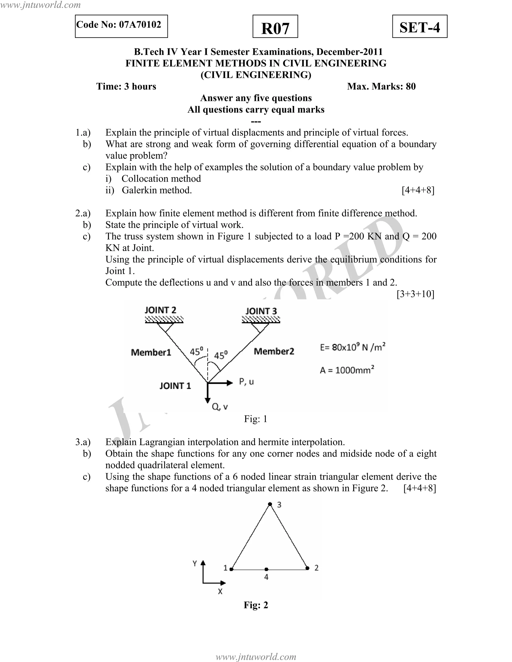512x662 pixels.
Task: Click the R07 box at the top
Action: [x=275, y=27]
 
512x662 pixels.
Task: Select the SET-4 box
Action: [x=419, y=27]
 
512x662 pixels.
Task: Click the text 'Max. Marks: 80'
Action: [x=381, y=86]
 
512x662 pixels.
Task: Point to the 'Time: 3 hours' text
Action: [x=126, y=86]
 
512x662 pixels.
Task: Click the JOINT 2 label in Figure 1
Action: [x=160, y=310]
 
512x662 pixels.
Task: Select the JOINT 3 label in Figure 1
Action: [x=261, y=311]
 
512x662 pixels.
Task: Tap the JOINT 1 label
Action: [x=175, y=386]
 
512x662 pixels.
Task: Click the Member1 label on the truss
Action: [x=151, y=352]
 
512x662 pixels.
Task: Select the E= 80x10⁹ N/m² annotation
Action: [x=352, y=347]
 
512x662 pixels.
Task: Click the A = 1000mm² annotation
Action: [x=347, y=370]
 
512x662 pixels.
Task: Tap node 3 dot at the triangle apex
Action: [x=270, y=504]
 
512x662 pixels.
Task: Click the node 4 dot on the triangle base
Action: [x=266, y=570]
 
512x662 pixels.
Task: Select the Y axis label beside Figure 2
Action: [x=195, y=564]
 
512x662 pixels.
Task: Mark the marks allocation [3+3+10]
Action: [x=415, y=294]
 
